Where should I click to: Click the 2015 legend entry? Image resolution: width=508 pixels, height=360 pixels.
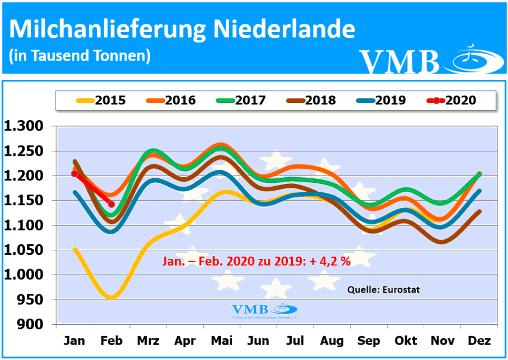(x=101, y=100)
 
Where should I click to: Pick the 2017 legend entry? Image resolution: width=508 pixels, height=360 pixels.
(x=241, y=100)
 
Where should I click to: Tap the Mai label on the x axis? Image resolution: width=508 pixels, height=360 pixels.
(x=222, y=341)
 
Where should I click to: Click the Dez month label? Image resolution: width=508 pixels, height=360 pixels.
(x=479, y=341)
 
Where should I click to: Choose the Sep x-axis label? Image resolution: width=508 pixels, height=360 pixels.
(x=369, y=341)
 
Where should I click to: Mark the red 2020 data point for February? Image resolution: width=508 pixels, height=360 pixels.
(x=112, y=204)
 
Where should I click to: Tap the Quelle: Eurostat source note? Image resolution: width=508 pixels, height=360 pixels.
(x=383, y=289)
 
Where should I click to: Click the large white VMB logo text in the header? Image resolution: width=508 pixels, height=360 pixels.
(x=399, y=61)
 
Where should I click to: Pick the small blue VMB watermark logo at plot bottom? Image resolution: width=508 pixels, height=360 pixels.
(x=264, y=310)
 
